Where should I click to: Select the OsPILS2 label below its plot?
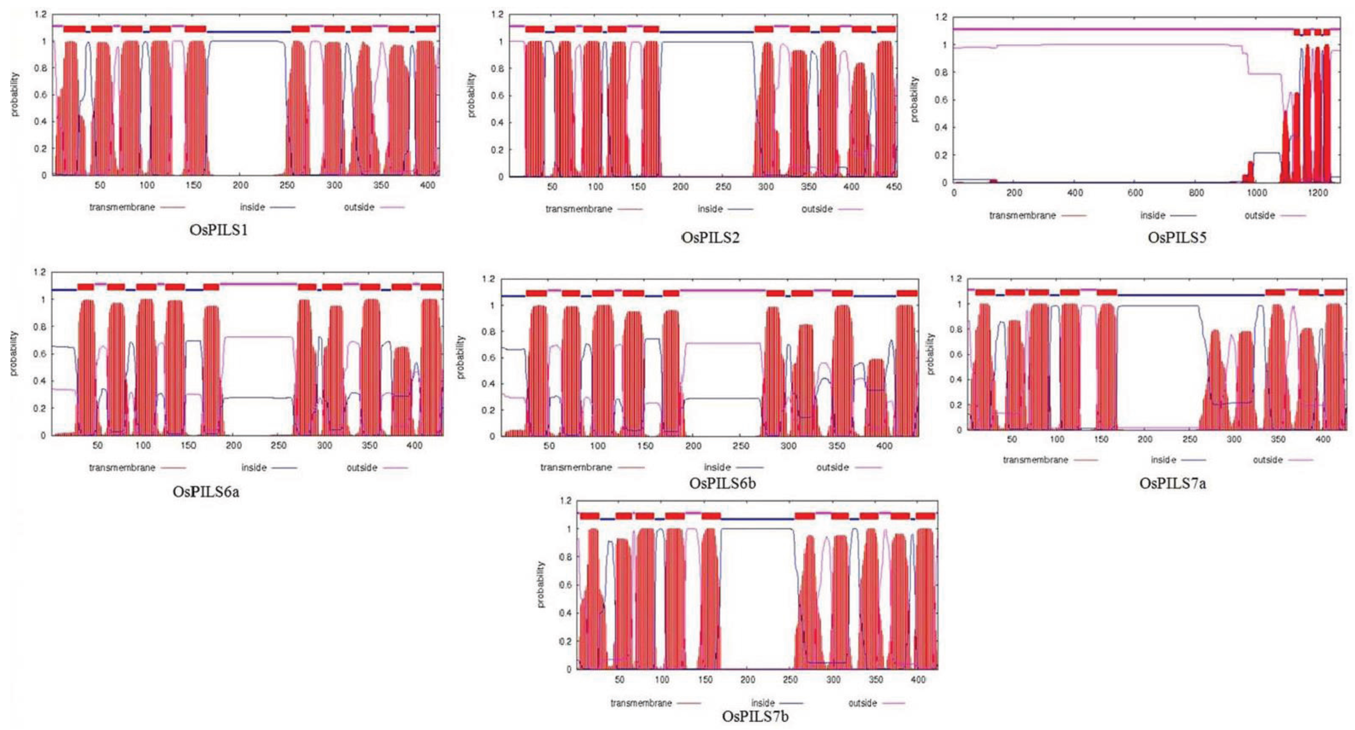[x=710, y=238]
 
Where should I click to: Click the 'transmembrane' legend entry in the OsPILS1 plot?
[x=122, y=207]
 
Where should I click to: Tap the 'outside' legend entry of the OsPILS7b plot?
[x=863, y=703]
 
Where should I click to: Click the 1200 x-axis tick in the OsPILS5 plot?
[x=1317, y=193]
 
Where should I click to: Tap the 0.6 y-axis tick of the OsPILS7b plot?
[x=565, y=585]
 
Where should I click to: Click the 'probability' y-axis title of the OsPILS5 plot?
[x=915, y=99]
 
